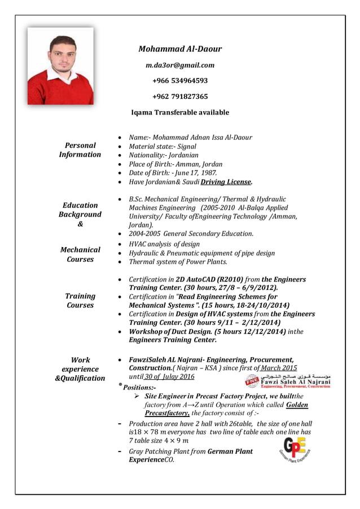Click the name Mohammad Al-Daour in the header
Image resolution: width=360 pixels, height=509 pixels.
click(x=180, y=49)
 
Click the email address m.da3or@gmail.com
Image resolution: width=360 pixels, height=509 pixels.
click(x=180, y=65)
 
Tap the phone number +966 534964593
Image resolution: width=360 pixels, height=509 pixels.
click(x=180, y=81)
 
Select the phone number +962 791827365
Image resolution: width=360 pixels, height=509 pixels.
click(x=180, y=96)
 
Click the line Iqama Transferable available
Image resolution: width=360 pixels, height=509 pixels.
click(x=180, y=112)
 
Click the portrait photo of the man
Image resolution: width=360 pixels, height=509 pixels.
click(x=60, y=66)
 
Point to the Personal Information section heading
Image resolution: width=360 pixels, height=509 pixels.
click(x=80, y=150)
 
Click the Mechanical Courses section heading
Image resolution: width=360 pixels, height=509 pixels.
click(x=80, y=254)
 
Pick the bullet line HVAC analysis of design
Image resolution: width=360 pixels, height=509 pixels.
click(x=164, y=244)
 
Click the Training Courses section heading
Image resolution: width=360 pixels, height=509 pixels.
click(x=80, y=300)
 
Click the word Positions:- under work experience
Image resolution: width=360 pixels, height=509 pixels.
click(x=138, y=388)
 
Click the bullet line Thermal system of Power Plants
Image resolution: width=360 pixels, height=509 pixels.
click(x=178, y=262)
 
